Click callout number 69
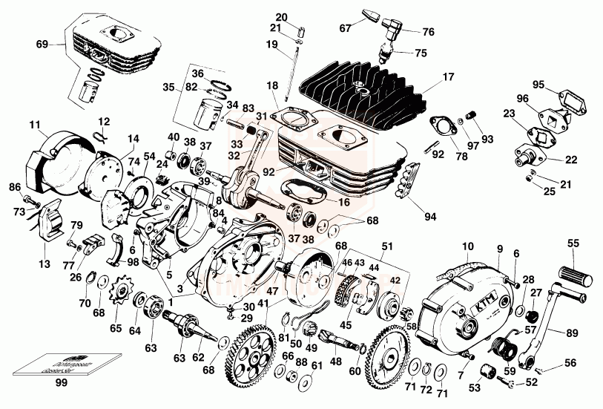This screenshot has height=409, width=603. (41, 44)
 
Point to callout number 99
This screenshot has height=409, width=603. (60, 383)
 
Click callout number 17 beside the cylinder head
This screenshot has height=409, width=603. (447, 76)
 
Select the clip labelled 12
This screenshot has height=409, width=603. (103, 134)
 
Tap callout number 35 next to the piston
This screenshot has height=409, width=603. (168, 87)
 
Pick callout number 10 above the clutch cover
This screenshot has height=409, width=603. (467, 246)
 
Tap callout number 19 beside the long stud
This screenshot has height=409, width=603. (272, 44)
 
